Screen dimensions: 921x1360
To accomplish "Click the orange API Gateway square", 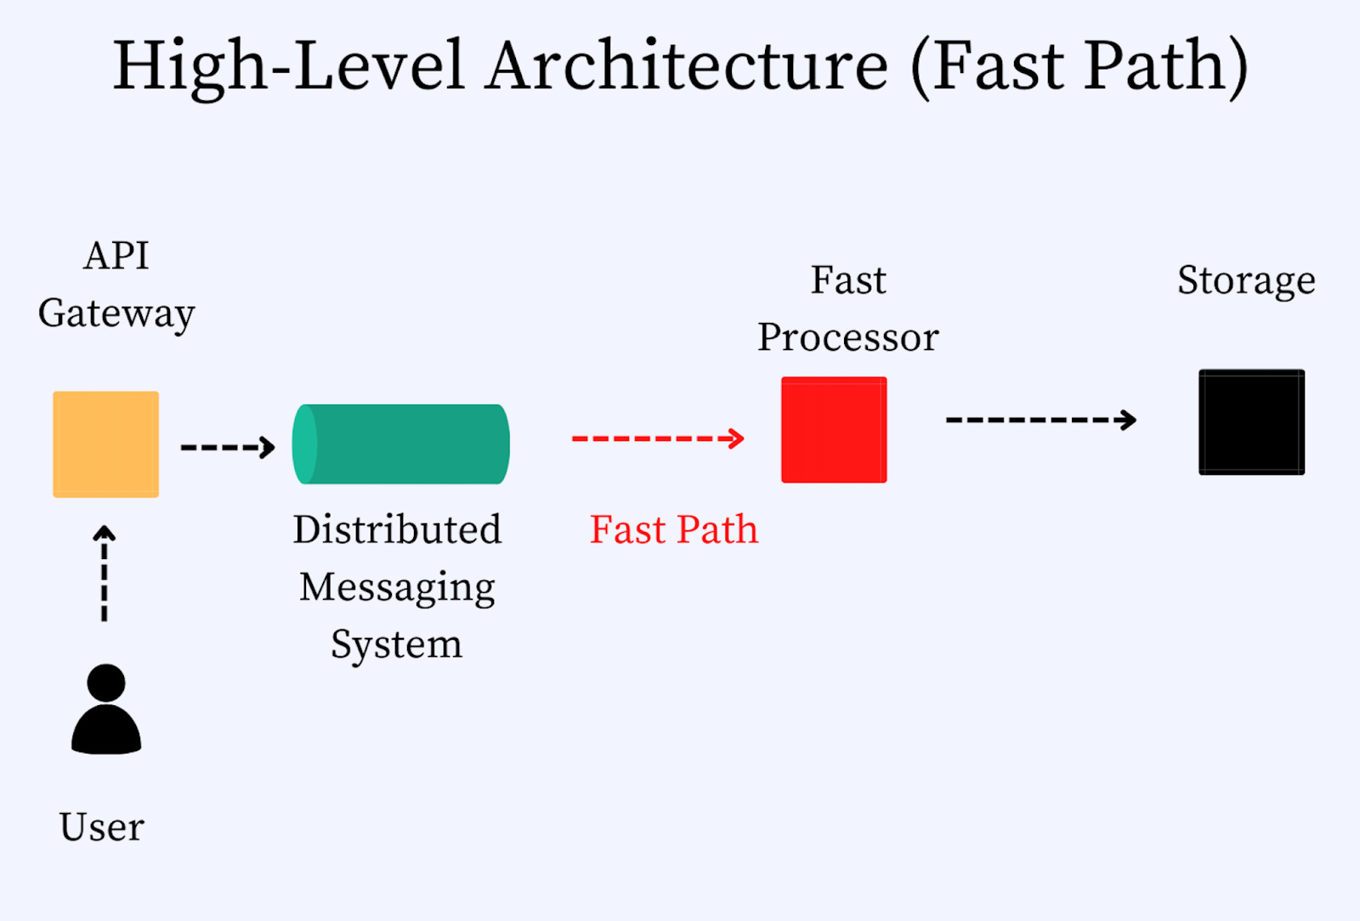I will [x=105, y=444].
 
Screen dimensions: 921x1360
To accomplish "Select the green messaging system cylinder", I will [x=400, y=444].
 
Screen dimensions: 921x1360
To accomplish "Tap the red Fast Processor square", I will [x=834, y=430].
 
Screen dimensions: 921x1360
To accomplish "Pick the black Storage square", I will [x=1251, y=421].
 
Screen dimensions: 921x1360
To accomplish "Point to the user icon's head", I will [x=106, y=682].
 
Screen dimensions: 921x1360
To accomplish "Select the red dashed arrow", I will [x=657, y=438].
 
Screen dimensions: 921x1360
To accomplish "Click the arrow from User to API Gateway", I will [x=105, y=574].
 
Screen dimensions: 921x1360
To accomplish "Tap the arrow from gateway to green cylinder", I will [x=228, y=447].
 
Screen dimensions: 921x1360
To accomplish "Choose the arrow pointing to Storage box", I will [x=1040, y=420].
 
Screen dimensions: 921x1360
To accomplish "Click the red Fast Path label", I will [x=674, y=529].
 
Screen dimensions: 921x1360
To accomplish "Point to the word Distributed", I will [x=397, y=529].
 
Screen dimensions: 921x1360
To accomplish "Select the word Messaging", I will [x=397, y=587].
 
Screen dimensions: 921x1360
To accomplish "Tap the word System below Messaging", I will [x=396, y=644].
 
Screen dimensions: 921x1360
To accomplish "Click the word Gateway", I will [x=116, y=314].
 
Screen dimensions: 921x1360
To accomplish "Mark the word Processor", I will [x=848, y=337].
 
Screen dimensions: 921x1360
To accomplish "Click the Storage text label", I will [x=1246, y=280].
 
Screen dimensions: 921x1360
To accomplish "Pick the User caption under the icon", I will [x=102, y=827].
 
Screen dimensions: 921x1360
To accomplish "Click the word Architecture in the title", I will [x=688, y=65].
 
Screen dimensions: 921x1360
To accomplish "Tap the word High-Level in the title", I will [x=289, y=65].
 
